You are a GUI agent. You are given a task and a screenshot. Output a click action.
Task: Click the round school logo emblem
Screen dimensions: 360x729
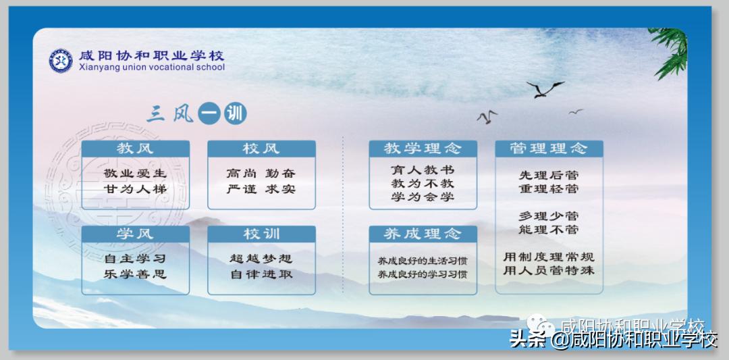[x=61, y=61]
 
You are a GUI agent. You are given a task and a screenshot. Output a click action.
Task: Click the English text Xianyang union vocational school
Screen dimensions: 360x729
[x=151, y=68]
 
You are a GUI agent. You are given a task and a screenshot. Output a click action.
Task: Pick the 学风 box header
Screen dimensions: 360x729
[x=135, y=234]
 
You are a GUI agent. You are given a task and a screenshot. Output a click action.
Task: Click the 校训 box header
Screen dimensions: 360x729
[x=261, y=234]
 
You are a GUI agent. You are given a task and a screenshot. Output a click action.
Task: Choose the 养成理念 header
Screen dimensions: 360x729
[x=423, y=234]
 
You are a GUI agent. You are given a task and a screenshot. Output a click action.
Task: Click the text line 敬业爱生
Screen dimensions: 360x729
[x=135, y=174]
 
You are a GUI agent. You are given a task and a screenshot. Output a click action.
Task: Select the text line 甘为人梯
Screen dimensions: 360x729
[x=135, y=189]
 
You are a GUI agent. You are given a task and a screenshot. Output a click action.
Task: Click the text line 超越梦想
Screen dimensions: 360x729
[x=261, y=259]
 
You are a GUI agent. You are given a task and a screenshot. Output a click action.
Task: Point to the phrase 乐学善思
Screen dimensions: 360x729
[x=135, y=274]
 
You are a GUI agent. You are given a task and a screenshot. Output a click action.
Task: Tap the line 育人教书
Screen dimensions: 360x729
[x=423, y=169]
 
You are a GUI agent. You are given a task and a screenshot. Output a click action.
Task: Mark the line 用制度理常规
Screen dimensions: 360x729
[x=549, y=257]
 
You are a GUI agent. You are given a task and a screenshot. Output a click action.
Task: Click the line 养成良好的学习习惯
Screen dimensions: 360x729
[x=423, y=275]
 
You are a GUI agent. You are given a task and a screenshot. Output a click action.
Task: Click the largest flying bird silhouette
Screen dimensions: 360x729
[x=544, y=89]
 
